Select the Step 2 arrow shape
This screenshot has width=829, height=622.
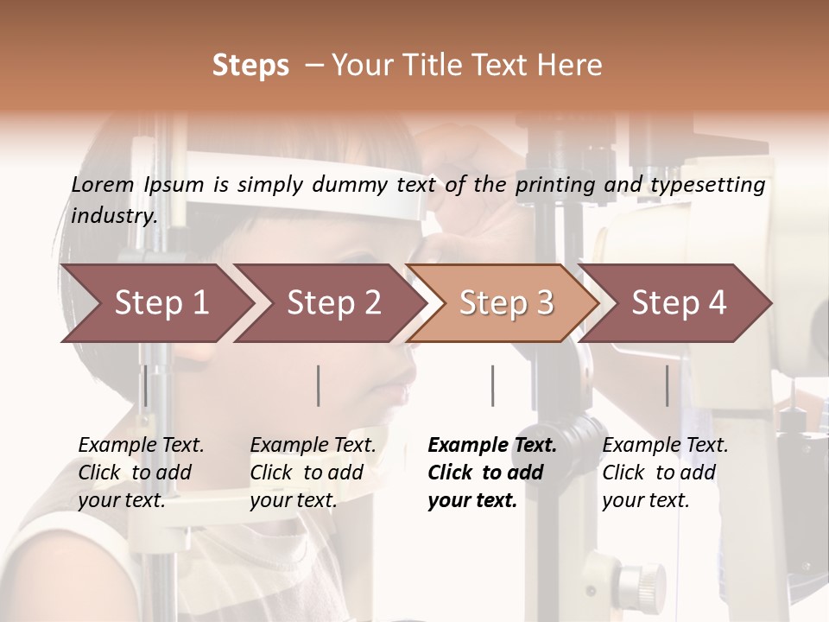click(x=332, y=303)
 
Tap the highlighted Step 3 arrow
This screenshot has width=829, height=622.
click(x=505, y=303)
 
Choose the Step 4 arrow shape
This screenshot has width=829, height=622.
click(x=678, y=303)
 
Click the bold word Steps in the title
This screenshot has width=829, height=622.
click(x=250, y=65)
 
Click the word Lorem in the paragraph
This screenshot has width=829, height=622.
click(x=103, y=184)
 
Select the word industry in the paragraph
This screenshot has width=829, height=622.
click(x=114, y=215)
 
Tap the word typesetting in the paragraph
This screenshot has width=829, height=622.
click(x=707, y=184)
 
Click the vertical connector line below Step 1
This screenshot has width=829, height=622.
click(x=146, y=385)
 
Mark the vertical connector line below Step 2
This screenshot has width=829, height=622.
click(x=319, y=385)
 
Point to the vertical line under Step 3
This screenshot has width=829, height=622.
click(x=492, y=385)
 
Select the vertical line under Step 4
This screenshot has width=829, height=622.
click(x=667, y=385)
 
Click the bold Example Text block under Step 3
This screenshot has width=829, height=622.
click(x=492, y=473)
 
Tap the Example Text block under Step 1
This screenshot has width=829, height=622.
click(x=141, y=473)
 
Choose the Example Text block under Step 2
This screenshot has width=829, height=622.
click(x=313, y=473)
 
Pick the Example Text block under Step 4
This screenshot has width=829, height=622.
click(x=665, y=473)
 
